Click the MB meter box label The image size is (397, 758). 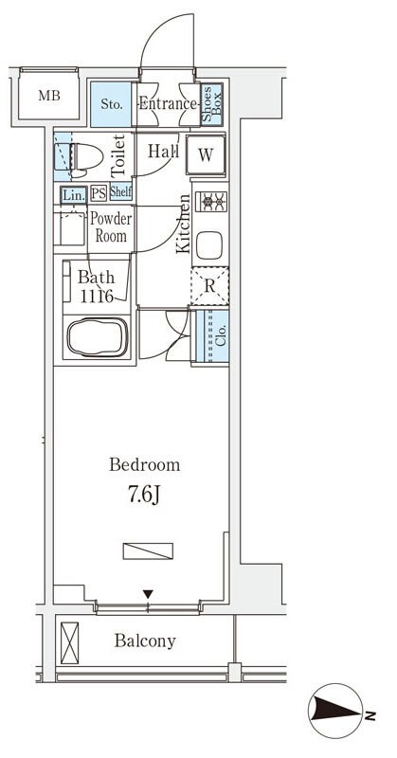pyautogui.click(x=49, y=96)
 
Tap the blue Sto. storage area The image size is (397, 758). pyautogui.click(x=111, y=104)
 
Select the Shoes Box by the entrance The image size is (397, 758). pyautogui.click(x=212, y=104)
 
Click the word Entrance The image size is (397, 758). pyautogui.click(x=168, y=103)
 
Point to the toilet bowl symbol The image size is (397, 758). pyautogui.click(x=87, y=157)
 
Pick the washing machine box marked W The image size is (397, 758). pyautogui.click(x=206, y=154)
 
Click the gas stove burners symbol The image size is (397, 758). pyautogui.click(x=211, y=200)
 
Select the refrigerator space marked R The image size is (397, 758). pyautogui.click(x=209, y=286)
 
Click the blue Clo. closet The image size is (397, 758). pyautogui.click(x=212, y=336)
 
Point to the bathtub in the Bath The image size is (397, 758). pyautogui.click(x=98, y=336)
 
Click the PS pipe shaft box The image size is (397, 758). pyautogui.click(x=99, y=193)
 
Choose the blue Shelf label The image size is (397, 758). pyautogui.click(x=121, y=192)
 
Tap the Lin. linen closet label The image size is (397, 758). pyautogui.click(x=74, y=195)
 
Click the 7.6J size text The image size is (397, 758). pyautogui.click(x=144, y=495)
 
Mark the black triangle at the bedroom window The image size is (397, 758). pyautogui.click(x=148, y=594)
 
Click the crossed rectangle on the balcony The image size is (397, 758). pyautogui.click(x=69, y=642)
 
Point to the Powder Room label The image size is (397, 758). pyautogui.click(x=111, y=227)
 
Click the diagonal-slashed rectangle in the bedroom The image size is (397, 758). pyautogui.click(x=148, y=551)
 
